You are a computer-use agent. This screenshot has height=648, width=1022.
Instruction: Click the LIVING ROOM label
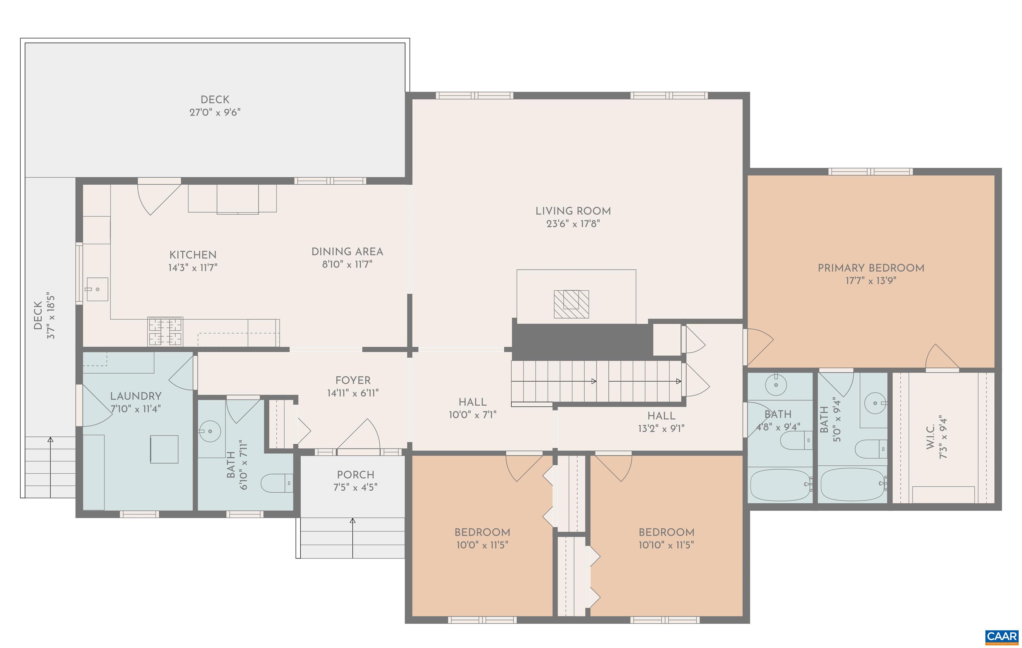[573, 211]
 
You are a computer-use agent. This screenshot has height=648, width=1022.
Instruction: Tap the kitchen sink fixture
[97, 289]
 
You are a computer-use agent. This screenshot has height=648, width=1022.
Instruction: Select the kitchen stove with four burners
[165, 331]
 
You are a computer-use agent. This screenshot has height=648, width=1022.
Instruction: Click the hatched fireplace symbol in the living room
[571, 304]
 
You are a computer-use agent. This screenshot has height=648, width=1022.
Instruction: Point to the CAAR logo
[1002, 637]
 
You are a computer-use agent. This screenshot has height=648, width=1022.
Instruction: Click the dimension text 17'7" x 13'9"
[871, 280]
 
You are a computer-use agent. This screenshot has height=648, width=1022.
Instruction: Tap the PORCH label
[355, 474]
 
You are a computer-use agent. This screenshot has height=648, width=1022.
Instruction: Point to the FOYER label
[353, 380]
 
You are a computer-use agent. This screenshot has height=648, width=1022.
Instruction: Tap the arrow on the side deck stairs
[51, 440]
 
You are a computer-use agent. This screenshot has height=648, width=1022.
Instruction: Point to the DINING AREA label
[347, 251]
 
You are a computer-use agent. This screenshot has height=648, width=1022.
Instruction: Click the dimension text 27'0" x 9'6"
[215, 112]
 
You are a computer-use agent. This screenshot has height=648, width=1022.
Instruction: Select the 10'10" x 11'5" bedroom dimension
[666, 545]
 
